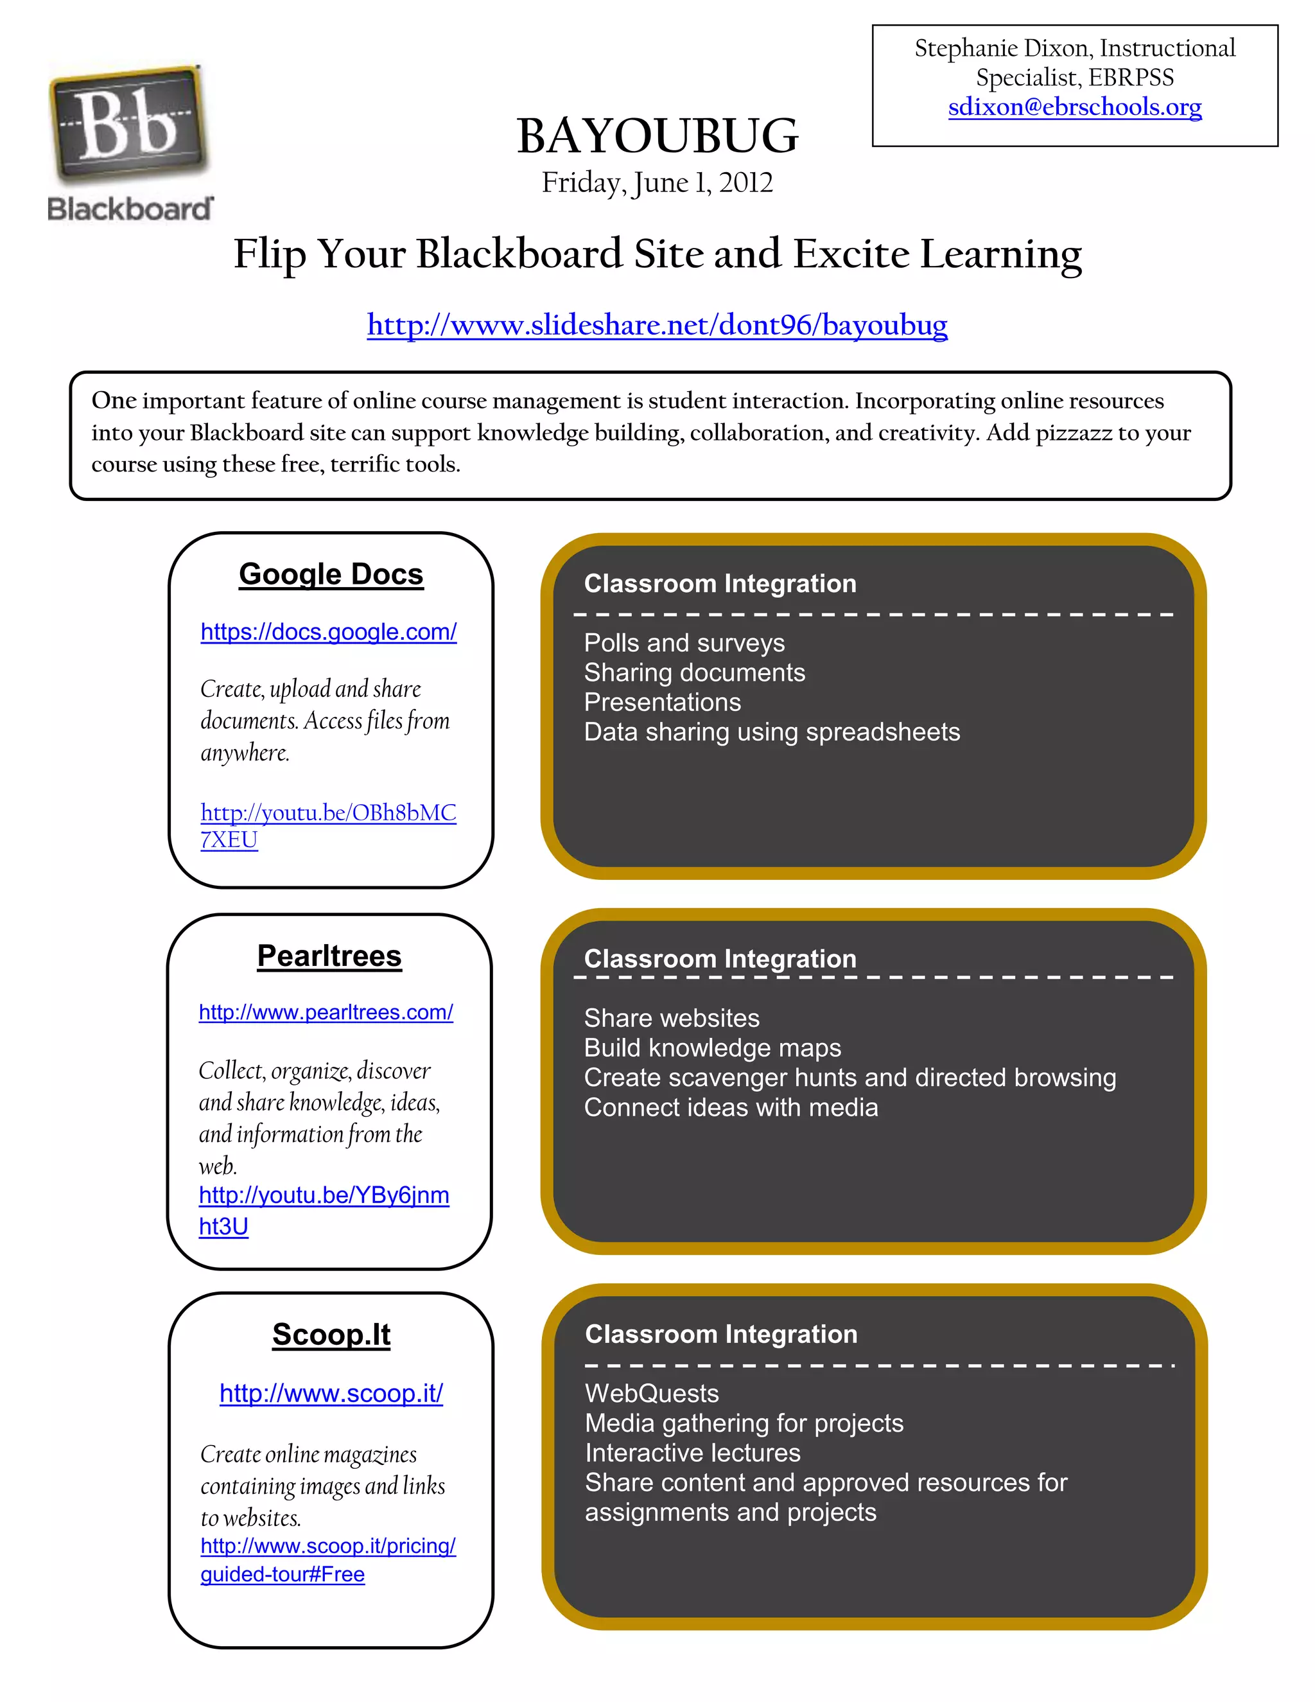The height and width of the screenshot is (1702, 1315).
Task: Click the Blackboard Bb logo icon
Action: pos(128,125)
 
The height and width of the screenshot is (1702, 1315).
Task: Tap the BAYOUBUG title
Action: pos(657,136)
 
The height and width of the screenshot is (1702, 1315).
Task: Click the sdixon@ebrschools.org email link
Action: pos(1074,107)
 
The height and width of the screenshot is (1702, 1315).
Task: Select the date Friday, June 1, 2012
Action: pos(657,182)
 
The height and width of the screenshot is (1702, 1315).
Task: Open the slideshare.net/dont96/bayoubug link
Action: pos(657,324)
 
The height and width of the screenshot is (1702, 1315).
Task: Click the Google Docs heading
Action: pos(331,574)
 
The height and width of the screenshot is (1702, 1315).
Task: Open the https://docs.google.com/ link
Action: pos(329,631)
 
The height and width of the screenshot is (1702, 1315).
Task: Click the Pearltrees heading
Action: pos(329,956)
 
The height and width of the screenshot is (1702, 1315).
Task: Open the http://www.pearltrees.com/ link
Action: pos(326,1012)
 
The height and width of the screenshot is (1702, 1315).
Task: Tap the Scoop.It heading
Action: pos(331,1334)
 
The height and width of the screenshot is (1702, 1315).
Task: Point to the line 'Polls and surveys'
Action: pos(684,643)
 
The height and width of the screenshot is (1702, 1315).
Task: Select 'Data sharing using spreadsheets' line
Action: pos(771,732)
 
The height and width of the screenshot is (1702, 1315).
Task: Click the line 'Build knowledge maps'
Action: pos(712,1048)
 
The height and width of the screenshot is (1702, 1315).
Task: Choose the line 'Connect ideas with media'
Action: pos(731,1107)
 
